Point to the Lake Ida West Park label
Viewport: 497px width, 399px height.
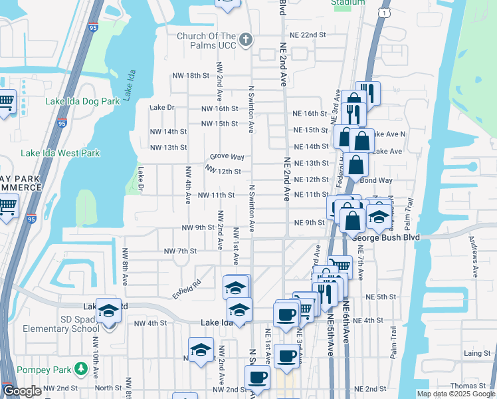(60, 153)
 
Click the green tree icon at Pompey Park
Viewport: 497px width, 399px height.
(81, 368)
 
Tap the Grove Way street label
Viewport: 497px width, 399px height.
(227, 157)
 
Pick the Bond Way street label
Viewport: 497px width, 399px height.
(377, 180)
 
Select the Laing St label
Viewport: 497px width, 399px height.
(477, 353)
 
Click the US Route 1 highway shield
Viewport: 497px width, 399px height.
(384, 13)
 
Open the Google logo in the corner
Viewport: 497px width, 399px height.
(23, 392)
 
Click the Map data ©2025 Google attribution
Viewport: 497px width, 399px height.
(456, 394)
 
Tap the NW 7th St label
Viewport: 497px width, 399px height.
(181, 251)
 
